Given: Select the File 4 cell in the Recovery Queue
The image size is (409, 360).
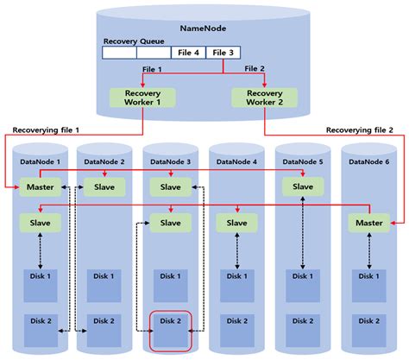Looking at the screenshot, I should click(189, 53).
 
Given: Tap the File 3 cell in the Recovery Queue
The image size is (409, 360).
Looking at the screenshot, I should click(223, 53).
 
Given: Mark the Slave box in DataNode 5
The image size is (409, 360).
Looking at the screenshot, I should click(302, 187).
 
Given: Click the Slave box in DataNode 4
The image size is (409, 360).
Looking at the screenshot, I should click(236, 224).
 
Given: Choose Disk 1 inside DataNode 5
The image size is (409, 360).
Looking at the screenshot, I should click(302, 283).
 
